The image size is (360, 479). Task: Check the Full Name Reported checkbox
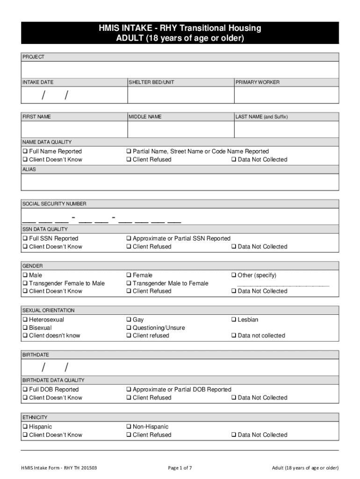tap(25, 152)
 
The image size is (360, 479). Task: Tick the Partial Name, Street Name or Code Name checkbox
tap(129, 152)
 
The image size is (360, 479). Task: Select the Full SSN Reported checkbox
tap(25, 239)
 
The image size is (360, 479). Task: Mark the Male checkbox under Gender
tap(25, 276)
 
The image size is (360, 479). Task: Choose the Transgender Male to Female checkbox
tap(129, 283)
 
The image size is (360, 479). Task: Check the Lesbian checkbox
tap(234, 320)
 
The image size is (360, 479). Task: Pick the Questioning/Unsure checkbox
tap(129, 328)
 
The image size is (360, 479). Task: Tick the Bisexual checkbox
tap(25, 328)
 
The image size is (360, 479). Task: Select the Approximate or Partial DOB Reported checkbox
tap(129, 390)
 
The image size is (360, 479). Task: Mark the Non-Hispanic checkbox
tap(129, 427)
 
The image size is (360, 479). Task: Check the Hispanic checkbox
tap(25, 427)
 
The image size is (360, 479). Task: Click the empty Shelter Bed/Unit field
tap(180, 95)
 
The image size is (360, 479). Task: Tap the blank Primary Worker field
tap(286, 95)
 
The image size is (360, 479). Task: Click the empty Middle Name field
tap(180, 130)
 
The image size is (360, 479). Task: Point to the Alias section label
tap(29, 170)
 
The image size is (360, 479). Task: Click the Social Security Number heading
tap(54, 204)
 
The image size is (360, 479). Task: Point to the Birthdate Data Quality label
tap(53, 380)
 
